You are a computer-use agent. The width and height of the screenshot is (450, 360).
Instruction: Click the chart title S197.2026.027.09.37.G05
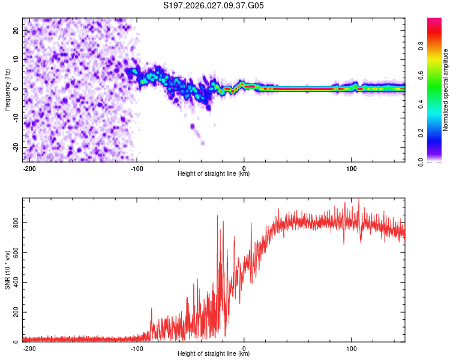tap(214, 5)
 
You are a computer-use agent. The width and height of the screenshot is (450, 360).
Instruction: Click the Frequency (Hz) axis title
tap(7, 89)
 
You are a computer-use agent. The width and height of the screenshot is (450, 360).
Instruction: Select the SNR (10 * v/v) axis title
tap(7, 270)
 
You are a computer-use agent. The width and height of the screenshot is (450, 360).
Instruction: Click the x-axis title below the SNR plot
tap(214, 354)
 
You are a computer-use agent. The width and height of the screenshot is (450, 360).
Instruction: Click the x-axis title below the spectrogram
tap(214, 173)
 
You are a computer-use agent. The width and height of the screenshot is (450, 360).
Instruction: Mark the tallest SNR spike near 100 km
tap(359, 200)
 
